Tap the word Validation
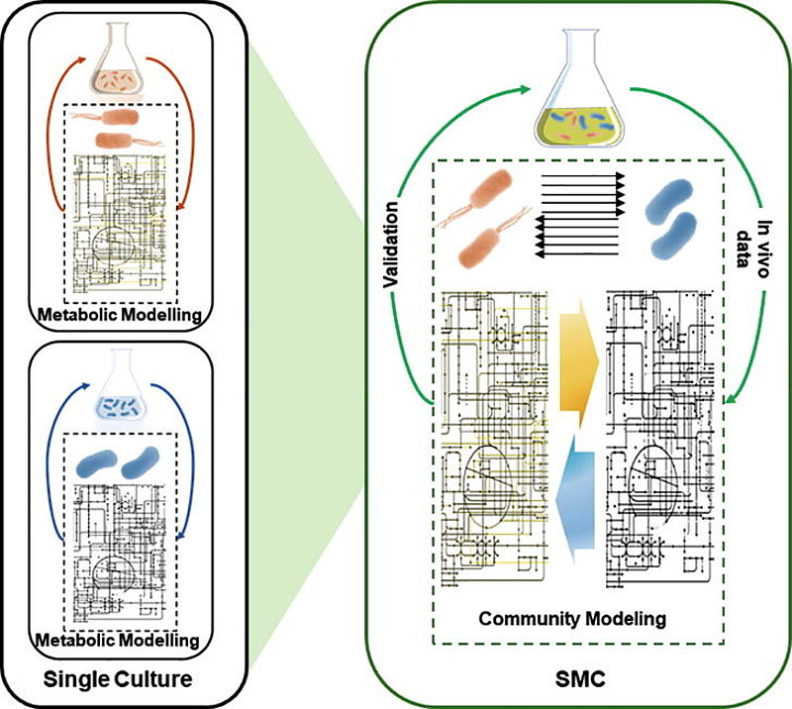393,245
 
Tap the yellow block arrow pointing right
576,356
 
